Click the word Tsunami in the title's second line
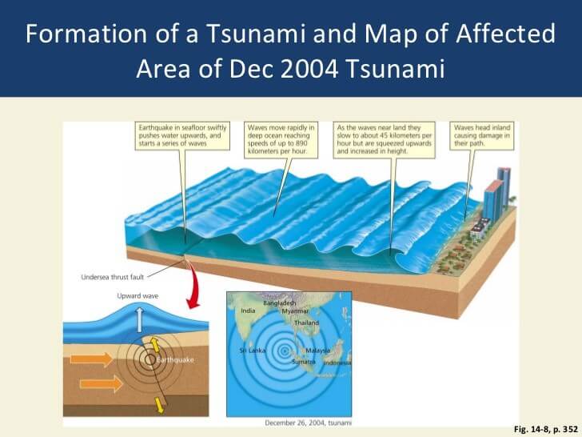click(395, 69)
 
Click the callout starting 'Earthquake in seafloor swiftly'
click(182, 136)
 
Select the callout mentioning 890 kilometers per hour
click(281, 140)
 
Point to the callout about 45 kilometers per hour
click(385, 140)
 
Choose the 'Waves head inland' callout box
click(482, 136)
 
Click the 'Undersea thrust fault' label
click(113, 277)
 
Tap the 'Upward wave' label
click(138, 296)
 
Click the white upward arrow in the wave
click(140, 319)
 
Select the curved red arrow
click(193, 287)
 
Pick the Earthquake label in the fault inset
click(175, 360)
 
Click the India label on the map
click(248, 311)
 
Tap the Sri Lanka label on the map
click(253, 351)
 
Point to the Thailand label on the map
click(307, 323)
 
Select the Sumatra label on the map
click(304, 362)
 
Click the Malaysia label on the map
click(317, 351)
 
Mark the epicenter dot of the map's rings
click(285, 351)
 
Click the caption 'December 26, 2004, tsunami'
click(308, 423)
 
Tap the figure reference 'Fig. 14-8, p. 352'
click(545, 429)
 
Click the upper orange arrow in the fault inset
click(92, 359)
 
